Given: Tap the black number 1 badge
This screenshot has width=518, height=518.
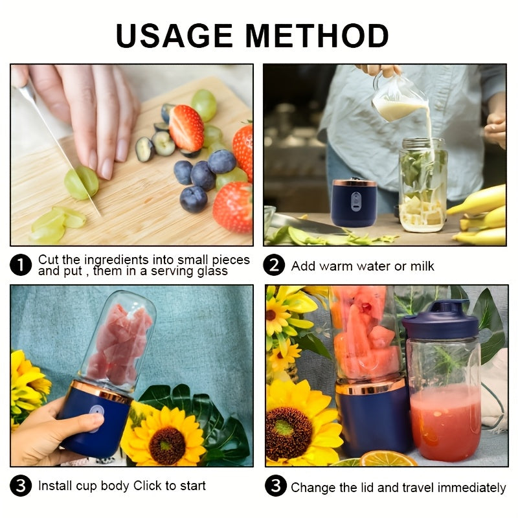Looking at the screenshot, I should [21, 265].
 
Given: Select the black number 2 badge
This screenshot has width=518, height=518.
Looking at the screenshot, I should [275, 265].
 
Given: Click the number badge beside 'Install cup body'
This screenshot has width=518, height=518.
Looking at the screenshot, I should [21, 486].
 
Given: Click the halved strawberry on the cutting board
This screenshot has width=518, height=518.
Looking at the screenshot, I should [186, 128].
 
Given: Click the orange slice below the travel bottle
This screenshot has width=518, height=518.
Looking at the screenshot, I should [388, 459].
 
